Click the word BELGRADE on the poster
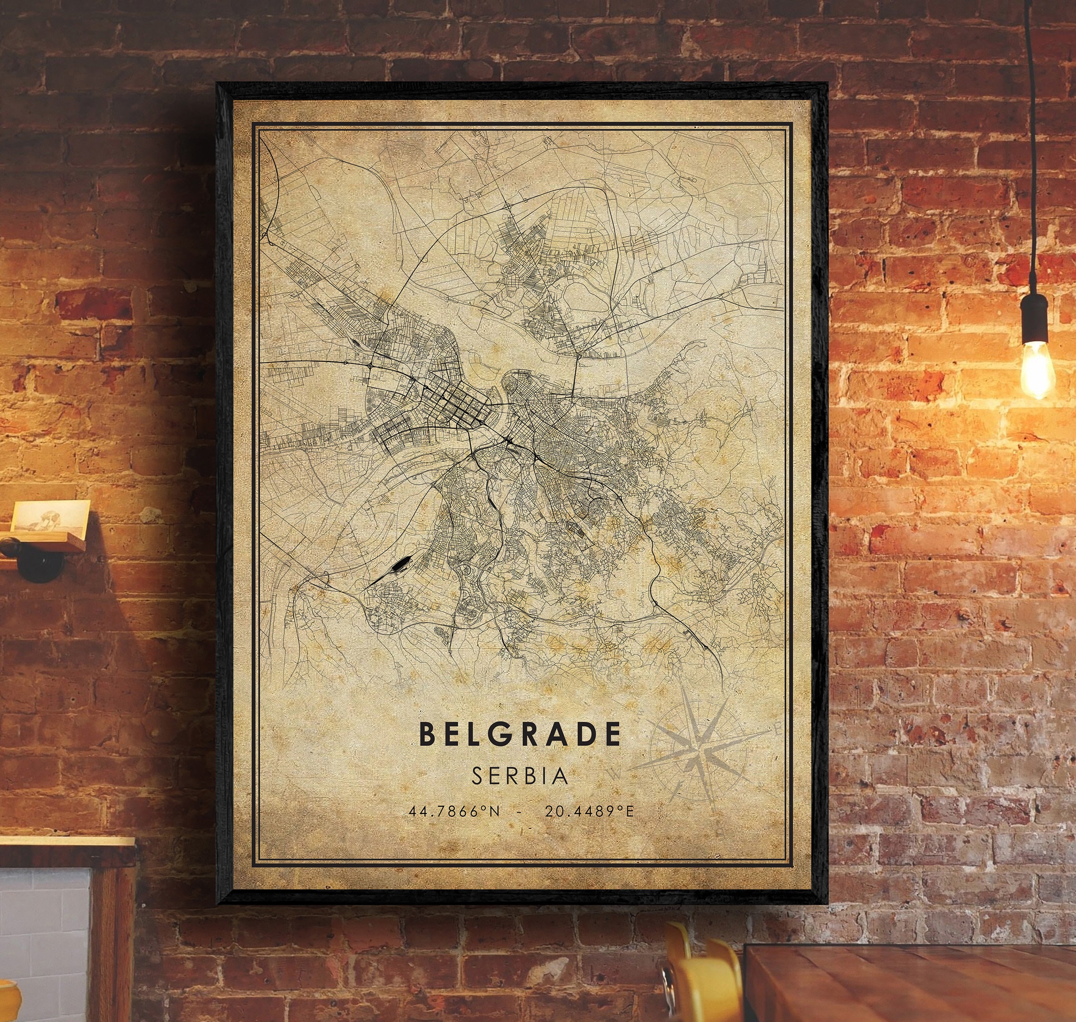point(520,734)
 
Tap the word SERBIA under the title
point(520,776)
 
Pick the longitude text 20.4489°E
point(589,812)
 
